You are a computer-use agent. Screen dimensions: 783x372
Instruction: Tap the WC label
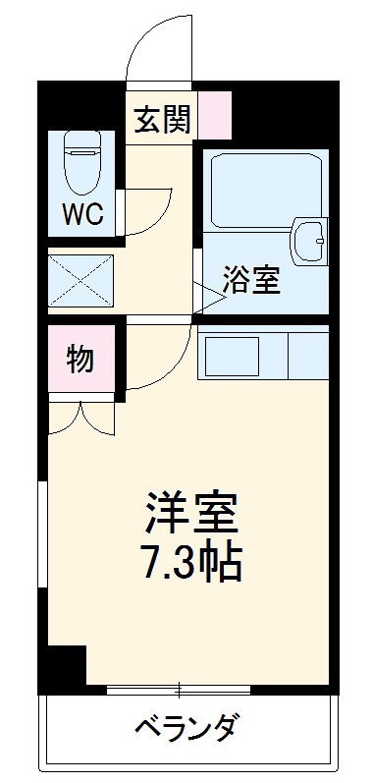click(83, 214)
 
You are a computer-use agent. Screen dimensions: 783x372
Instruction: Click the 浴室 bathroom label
click(252, 281)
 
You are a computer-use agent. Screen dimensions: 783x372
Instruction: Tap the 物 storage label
click(81, 360)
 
